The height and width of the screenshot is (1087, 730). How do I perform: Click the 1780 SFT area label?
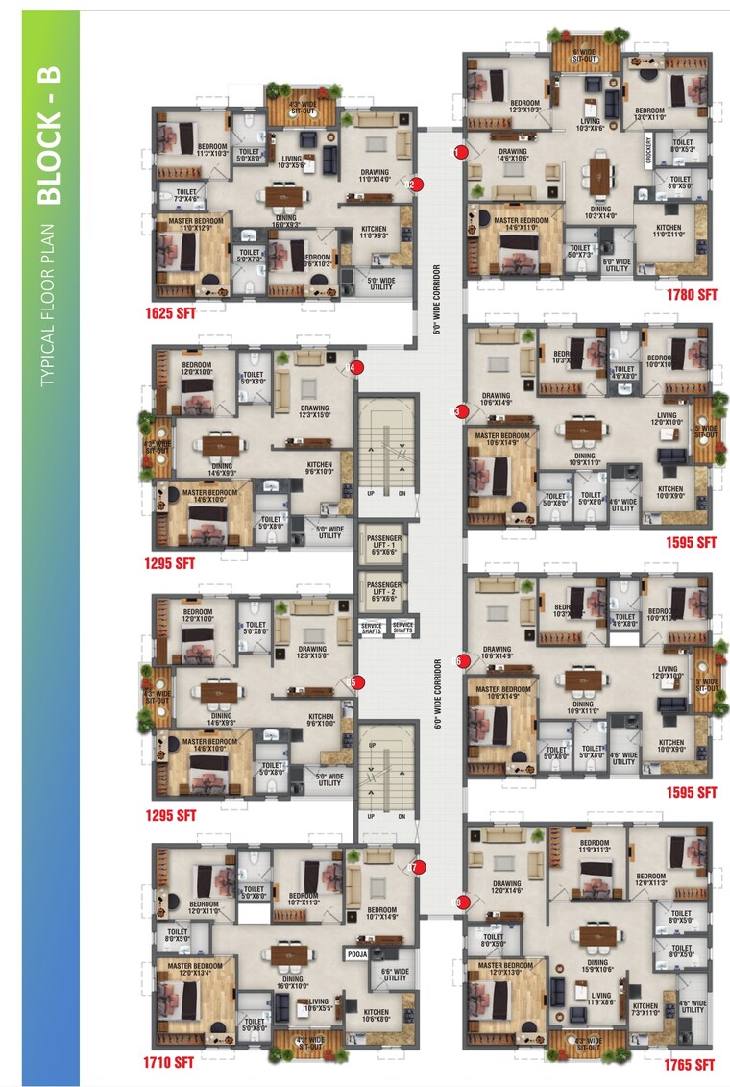pos(692,294)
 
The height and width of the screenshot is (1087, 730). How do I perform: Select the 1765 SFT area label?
pos(689,1065)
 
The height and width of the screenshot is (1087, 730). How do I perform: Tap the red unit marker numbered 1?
pos(459,151)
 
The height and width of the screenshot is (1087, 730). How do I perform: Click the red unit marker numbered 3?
pos(459,411)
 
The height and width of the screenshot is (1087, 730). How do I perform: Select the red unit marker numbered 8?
pos(459,902)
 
